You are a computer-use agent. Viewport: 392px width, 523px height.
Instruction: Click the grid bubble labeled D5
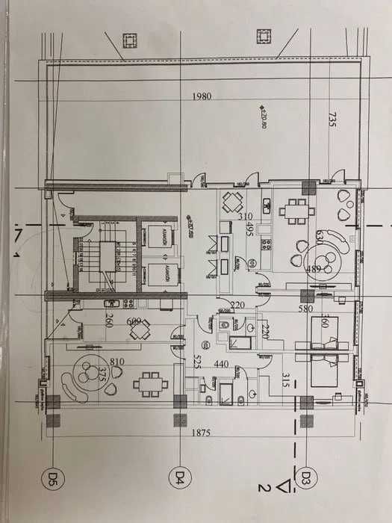(54, 475)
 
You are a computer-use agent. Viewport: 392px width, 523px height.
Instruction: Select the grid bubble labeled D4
(180, 475)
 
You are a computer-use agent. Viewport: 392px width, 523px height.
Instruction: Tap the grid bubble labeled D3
(305, 475)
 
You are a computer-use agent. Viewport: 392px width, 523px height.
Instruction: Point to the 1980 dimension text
(202, 97)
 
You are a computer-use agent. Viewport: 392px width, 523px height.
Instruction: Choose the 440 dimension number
(221, 364)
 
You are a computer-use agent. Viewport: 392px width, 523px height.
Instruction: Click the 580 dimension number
(305, 309)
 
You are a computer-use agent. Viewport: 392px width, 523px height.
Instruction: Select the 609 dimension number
(135, 323)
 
